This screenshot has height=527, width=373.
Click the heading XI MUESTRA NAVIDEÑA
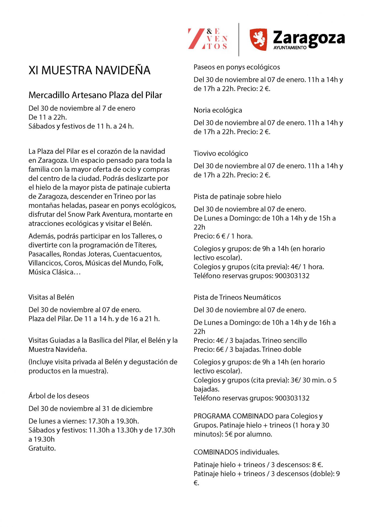[89, 70]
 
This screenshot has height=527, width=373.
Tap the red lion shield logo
[258, 39]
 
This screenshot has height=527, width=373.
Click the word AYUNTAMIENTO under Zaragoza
[290, 48]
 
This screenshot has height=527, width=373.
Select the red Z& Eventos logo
[207, 39]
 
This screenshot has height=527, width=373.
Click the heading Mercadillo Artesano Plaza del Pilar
[95, 95]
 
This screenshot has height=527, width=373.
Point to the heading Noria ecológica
[218, 110]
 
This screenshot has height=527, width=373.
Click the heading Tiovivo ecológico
[221, 153]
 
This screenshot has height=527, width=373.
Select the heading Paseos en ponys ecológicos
[237, 67]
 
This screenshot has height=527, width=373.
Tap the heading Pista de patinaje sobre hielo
[237, 197]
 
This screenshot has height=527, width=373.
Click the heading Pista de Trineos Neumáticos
[237, 297]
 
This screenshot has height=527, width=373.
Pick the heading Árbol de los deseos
[59, 396]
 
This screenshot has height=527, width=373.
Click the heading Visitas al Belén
[51, 297]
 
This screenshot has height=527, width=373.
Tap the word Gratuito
[42, 448]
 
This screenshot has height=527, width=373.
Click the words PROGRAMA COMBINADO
[233, 416]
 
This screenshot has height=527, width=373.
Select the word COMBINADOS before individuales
[216, 452]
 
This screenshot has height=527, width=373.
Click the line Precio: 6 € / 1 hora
[223, 236]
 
